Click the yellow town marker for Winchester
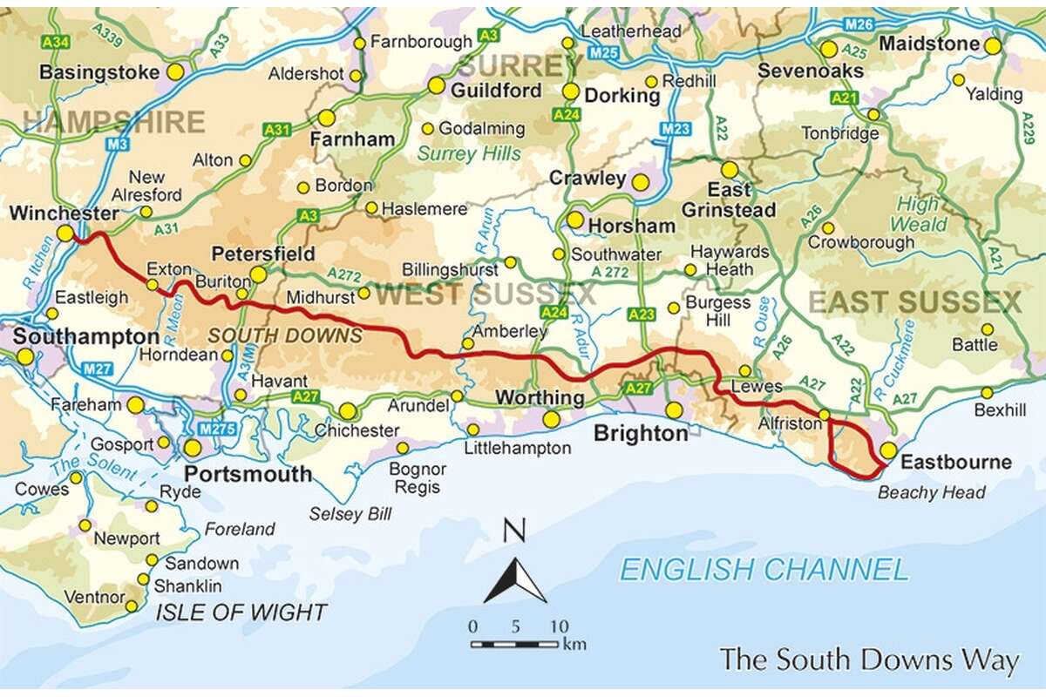click(x=65, y=233)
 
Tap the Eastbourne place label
click(x=956, y=462)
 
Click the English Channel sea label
click(x=764, y=570)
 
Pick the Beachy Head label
click(x=931, y=493)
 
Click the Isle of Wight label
click(x=241, y=612)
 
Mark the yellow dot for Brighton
click(x=674, y=409)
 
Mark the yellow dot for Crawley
click(x=640, y=182)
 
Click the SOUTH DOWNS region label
click(x=285, y=335)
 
